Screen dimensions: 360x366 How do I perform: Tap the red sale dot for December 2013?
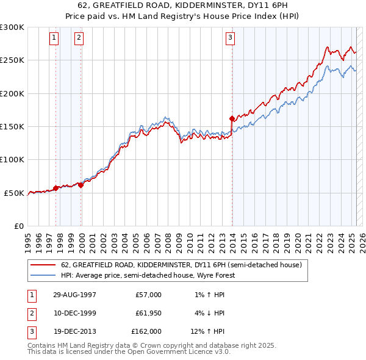click(x=232, y=118)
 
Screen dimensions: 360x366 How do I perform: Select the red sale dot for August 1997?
click(x=56, y=188)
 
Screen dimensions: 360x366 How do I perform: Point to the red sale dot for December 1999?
click(x=81, y=185)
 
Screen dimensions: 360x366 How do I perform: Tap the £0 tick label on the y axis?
click(x=19, y=226)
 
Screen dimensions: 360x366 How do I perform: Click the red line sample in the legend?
click(x=43, y=265)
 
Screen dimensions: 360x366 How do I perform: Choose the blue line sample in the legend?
click(x=43, y=275)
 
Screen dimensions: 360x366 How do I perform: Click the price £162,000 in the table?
click(x=146, y=331)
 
